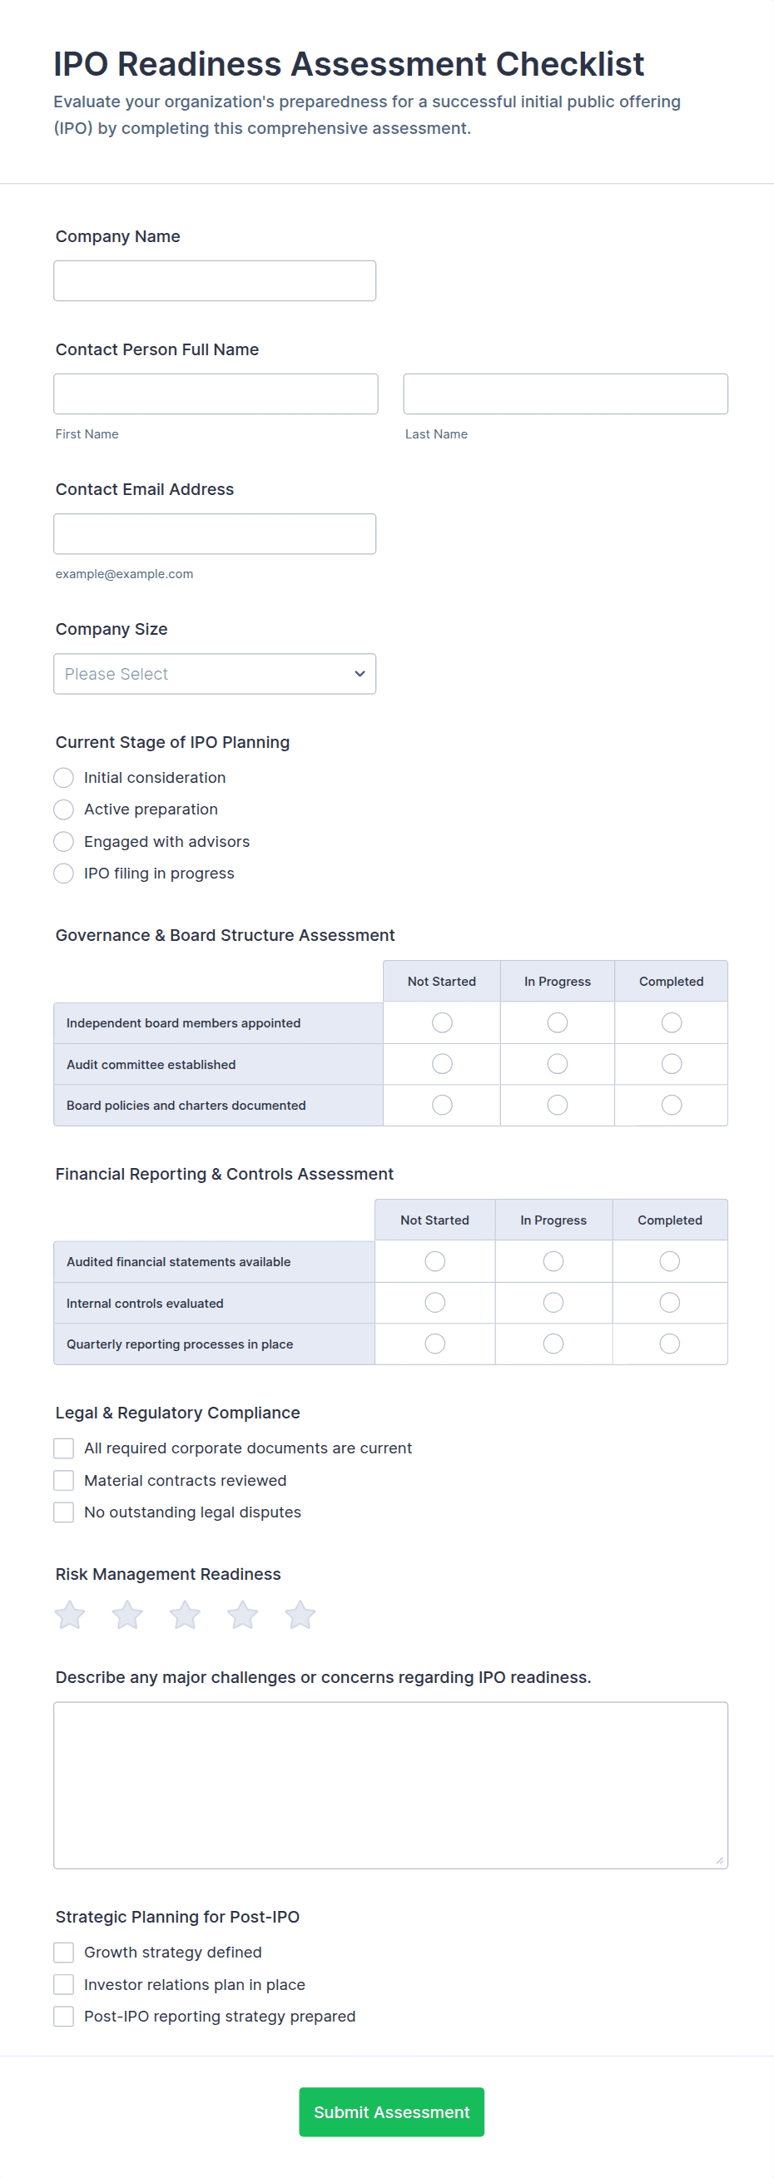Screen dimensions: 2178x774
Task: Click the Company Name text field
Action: [x=214, y=280]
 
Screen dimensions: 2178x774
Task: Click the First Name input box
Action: [x=215, y=394]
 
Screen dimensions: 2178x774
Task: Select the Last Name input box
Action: [x=565, y=394]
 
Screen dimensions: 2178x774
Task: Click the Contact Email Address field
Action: [x=214, y=533]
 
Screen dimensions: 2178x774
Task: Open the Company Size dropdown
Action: [x=214, y=674]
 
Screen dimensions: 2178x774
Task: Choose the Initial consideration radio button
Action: [x=63, y=778]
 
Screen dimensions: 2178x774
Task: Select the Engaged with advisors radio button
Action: [x=63, y=842]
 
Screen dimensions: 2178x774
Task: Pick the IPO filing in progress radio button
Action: [x=63, y=874]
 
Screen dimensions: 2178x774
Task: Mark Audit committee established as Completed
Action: [x=671, y=1064]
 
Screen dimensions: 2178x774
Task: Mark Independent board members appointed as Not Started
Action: [x=442, y=1023]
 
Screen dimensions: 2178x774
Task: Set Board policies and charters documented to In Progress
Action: [x=557, y=1105]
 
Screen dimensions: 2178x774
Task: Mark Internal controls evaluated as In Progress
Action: [x=553, y=1303]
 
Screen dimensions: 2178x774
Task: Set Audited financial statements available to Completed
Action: [x=669, y=1261]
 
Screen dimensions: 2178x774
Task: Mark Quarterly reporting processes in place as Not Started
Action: [x=434, y=1344]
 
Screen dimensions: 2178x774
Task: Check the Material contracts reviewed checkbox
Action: [x=63, y=1481]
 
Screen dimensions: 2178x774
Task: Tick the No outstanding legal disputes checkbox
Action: [x=63, y=1512]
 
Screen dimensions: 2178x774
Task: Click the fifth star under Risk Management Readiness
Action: [x=300, y=1615]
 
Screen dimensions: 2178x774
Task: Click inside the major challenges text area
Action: [x=390, y=1784]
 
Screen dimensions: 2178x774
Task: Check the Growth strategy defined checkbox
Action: [x=63, y=1953]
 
